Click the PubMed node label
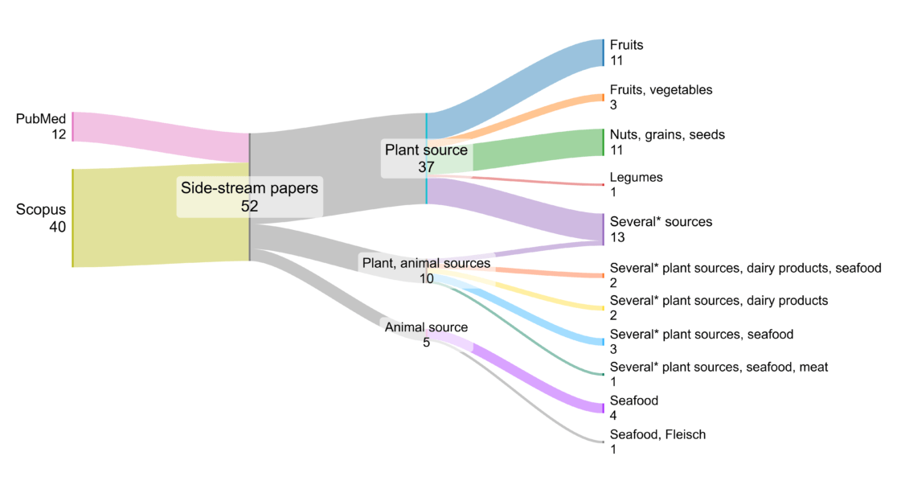41,119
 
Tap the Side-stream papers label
249,188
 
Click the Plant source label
426,150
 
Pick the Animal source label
426,327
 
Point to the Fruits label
626,45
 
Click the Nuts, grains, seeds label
667,134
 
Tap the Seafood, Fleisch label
657,434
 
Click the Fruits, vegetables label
661,89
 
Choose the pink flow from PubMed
161,137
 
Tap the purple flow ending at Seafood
539,378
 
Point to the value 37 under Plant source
426,167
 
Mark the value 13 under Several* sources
617,237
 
